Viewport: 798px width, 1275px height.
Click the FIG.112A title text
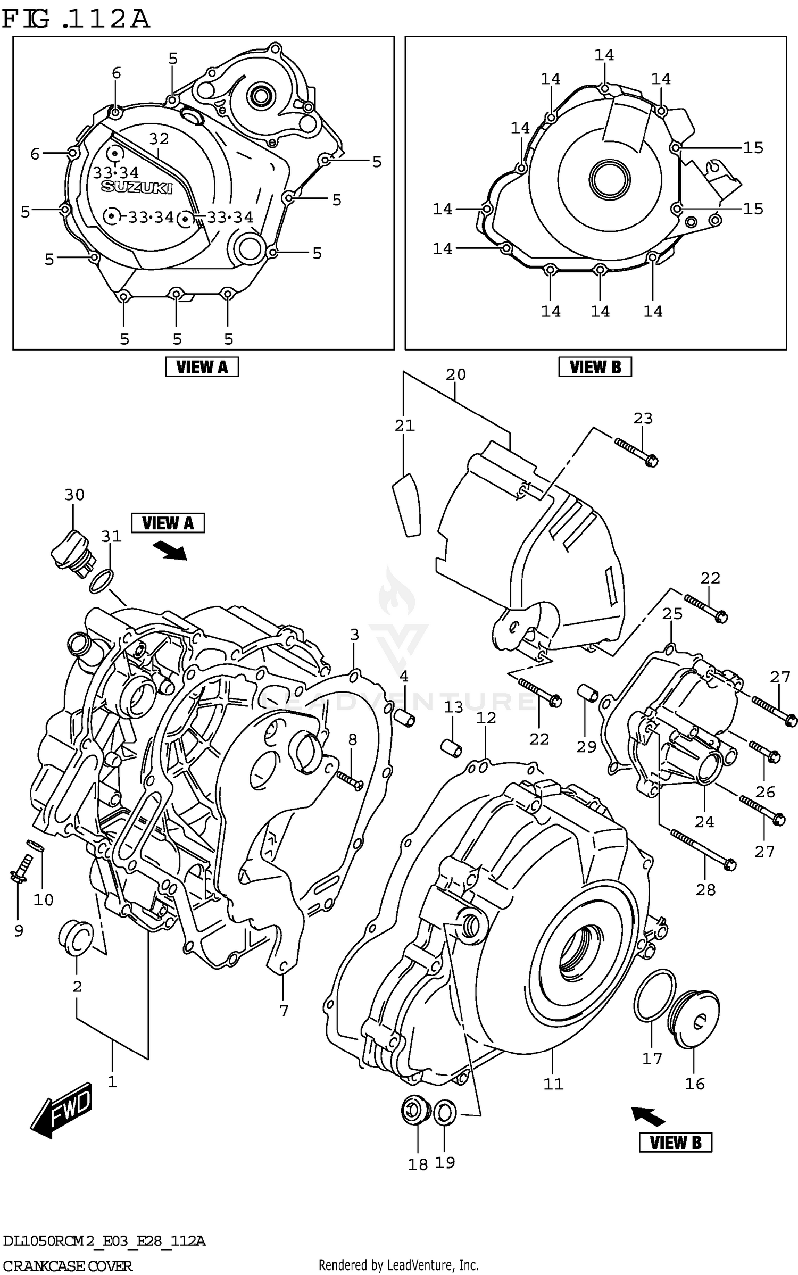click(x=76, y=19)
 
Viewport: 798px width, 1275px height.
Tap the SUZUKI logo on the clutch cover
click(x=137, y=187)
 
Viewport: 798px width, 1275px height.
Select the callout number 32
click(x=159, y=139)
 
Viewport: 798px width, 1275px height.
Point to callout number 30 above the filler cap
click(x=74, y=495)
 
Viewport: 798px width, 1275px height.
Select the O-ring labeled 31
click(x=102, y=581)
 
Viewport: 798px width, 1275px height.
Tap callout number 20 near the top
click(x=455, y=374)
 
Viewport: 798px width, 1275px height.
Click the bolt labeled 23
click(x=637, y=451)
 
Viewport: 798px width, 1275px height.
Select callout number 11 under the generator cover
click(x=553, y=1084)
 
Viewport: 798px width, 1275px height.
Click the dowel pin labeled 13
click(x=452, y=747)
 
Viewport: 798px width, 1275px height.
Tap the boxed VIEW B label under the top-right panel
click(x=595, y=367)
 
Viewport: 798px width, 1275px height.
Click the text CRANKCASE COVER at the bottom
click(x=67, y=1265)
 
